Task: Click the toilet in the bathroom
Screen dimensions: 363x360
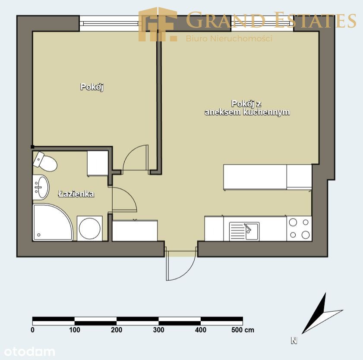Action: (x=45, y=162)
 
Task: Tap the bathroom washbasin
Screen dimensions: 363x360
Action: (x=41, y=187)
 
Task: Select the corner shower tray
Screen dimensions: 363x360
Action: (x=53, y=222)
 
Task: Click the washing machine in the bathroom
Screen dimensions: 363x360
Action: (x=90, y=229)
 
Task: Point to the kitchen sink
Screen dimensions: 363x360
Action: (x=244, y=231)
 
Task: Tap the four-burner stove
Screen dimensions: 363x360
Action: (x=299, y=229)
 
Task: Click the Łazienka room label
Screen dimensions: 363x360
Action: (x=76, y=194)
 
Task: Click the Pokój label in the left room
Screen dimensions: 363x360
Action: (x=92, y=87)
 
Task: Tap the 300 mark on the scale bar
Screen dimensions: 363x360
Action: (x=158, y=330)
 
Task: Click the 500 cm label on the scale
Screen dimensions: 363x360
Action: (x=243, y=330)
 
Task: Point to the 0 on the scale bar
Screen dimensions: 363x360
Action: (x=33, y=330)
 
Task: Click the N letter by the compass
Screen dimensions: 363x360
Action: (x=294, y=341)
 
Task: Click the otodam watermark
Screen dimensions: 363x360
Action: (x=29, y=352)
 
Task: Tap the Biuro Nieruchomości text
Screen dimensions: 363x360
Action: (x=229, y=38)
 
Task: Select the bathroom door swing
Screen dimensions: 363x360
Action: (x=129, y=194)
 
